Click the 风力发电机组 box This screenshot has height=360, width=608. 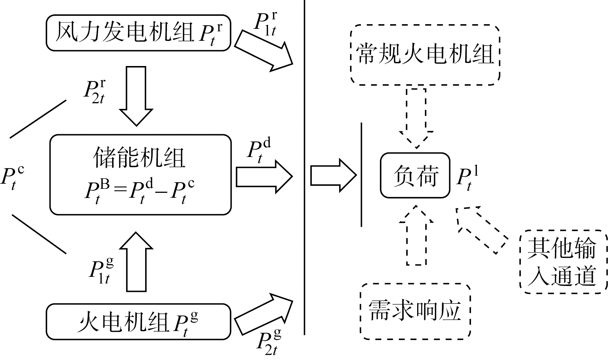138,33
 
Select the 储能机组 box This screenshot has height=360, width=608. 140,175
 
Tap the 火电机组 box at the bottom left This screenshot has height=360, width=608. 138,322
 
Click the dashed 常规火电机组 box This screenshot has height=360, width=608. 425,55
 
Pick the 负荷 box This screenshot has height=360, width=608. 415,175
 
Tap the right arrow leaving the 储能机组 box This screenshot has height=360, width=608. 264,176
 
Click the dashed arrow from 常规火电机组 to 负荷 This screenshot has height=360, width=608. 416,118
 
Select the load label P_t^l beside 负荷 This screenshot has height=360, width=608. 467,179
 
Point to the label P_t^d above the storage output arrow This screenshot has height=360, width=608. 259,151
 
